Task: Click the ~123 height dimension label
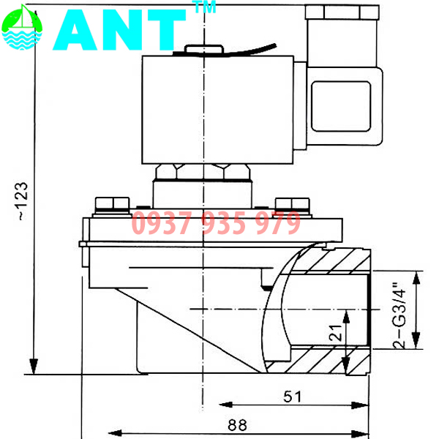22,200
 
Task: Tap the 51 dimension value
293,397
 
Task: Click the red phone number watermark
216,222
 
